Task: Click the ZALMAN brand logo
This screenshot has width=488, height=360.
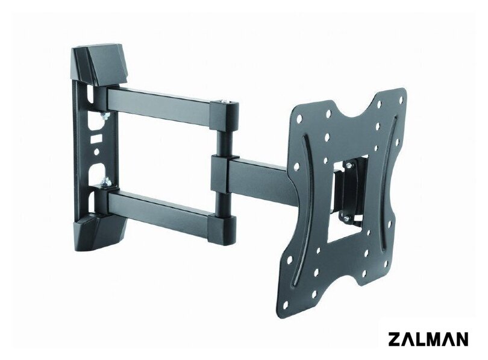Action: tap(428, 339)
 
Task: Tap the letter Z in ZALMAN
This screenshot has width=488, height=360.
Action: tap(394, 339)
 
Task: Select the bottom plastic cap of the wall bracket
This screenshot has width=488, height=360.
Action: tap(99, 234)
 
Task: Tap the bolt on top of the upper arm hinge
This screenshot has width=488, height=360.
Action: tap(224, 101)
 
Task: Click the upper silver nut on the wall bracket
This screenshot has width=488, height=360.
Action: tap(105, 116)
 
